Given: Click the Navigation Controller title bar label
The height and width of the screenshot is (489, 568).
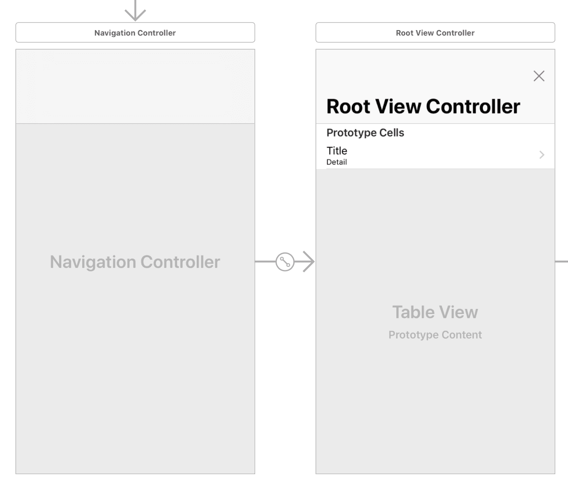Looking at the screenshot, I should pyautogui.click(x=135, y=33).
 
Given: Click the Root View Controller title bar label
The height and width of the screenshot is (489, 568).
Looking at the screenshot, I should pyautogui.click(x=435, y=33).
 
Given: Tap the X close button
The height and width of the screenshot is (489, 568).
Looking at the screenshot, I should pyautogui.click(x=539, y=76).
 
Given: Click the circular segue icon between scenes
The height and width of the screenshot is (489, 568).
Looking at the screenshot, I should pyautogui.click(x=285, y=262).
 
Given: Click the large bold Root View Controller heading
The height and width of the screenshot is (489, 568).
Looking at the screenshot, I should pyautogui.click(x=423, y=106).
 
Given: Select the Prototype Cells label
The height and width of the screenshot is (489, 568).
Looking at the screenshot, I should pyautogui.click(x=365, y=133).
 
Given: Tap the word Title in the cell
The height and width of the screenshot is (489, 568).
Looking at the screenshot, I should pyautogui.click(x=337, y=151).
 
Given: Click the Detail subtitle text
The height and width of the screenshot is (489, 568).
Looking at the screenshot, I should pyautogui.click(x=337, y=162).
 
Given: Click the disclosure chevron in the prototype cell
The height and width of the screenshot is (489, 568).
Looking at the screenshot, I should pyautogui.click(x=542, y=155).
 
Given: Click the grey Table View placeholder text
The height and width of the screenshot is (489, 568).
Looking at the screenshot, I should pyautogui.click(x=435, y=312).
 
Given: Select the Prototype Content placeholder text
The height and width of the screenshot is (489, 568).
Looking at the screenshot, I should pyautogui.click(x=435, y=335).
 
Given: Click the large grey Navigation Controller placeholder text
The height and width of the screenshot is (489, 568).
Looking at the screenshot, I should pyautogui.click(x=135, y=262).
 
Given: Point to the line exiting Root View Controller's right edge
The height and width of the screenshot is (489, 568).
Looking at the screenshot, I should pyautogui.click(x=562, y=262).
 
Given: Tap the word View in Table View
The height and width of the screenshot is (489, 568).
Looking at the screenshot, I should pyautogui.click(x=459, y=312).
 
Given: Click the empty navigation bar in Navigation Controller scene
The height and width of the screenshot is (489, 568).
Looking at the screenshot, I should pyautogui.click(x=135, y=86).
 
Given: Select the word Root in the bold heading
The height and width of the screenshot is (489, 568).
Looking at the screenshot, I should pyautogui.click(x=348, y=106).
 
